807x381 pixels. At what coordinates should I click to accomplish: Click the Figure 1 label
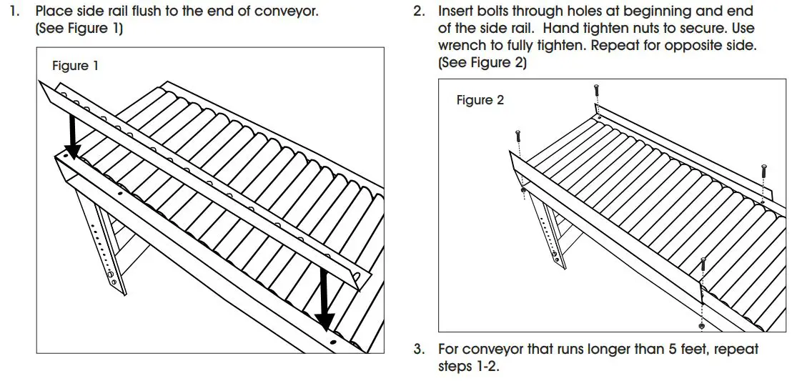(x=75, y=66)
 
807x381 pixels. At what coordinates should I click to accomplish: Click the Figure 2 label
(x=480, y=100)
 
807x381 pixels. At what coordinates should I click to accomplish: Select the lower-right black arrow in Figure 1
(x=325, y=297)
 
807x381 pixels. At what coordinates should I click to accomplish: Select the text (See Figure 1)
(x=79, y=29)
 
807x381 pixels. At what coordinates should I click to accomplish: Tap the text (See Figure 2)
(x=482, y=62)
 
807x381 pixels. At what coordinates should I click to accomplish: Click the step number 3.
(x=419, y=350)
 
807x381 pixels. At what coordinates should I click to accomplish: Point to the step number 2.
(x=419, y=12)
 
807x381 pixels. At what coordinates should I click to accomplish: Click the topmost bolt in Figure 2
(x=595, y=92)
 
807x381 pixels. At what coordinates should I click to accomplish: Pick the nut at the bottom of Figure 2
(x=703, y=327)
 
